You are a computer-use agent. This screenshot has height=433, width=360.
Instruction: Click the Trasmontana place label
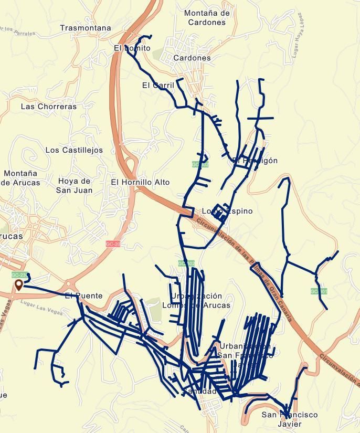(85, 28)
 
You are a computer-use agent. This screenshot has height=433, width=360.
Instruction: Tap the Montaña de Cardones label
(207, 18)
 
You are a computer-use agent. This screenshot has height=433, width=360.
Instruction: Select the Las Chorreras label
(49, 106)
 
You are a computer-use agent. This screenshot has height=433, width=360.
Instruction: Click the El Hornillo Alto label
(140, 182)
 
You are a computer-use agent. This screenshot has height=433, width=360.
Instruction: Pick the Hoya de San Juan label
(74, 186)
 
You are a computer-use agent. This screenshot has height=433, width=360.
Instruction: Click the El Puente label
(83, 296)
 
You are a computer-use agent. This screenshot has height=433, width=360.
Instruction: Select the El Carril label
(157, 85)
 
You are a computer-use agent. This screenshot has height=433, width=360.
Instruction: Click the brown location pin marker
(19, 285)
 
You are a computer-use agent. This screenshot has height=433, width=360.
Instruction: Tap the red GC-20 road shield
(113, 244)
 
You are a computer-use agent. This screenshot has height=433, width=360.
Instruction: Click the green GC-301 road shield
(319, 291)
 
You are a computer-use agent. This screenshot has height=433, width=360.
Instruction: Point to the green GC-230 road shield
(19, 275)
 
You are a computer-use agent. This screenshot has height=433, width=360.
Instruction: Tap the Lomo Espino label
(227, 211)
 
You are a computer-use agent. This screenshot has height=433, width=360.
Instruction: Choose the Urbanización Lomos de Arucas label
(196, 300)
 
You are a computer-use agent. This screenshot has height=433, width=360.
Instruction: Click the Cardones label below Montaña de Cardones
(192, 58)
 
